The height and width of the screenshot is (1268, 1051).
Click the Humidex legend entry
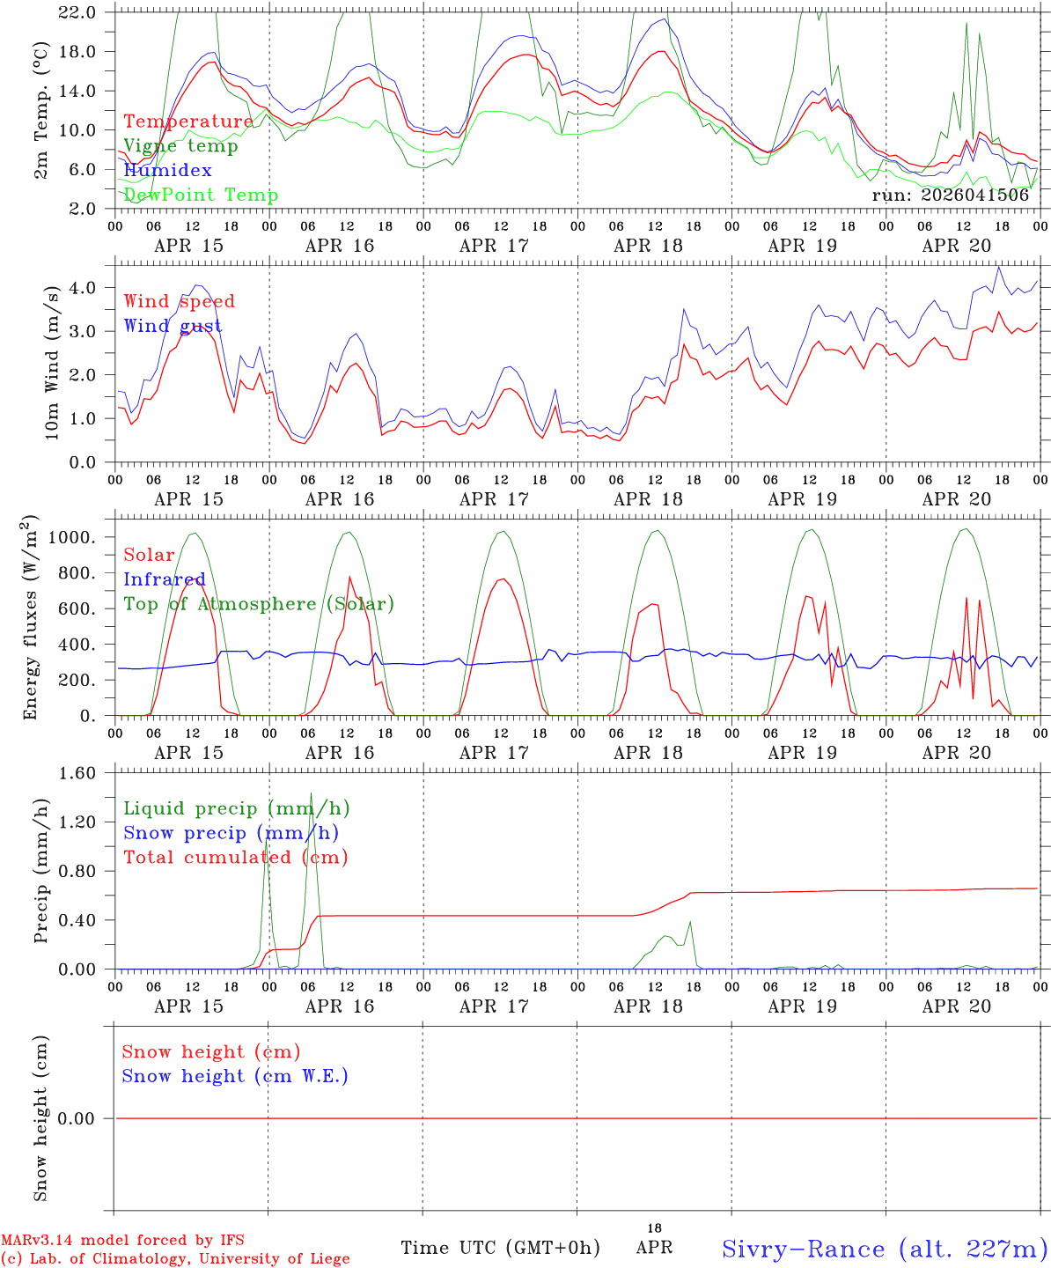click(167, 171)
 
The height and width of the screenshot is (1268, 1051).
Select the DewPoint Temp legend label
click(201, 195)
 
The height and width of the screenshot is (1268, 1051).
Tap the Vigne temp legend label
click(180, 146)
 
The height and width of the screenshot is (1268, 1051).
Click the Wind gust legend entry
click(173, 326)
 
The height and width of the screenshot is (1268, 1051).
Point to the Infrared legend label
click(165, 579)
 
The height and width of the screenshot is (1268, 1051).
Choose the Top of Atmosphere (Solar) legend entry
click(259, 604)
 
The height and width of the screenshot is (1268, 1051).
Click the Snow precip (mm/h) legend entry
click(231, 833)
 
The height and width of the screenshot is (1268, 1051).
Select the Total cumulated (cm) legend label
click(235, 858)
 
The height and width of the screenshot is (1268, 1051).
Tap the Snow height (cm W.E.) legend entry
click(235, 1076)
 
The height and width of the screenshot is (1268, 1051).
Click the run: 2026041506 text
click(950, 195)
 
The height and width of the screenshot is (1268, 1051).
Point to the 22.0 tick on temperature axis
click(79, 12)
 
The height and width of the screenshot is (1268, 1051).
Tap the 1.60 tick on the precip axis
click(79, 773)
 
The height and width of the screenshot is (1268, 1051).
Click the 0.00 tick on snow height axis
click(79, 1118)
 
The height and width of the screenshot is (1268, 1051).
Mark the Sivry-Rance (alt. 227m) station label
click(884, 1249)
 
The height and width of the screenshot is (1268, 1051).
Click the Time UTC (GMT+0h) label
click(500, 1248)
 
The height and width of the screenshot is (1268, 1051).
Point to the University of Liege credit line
click(175, 1259)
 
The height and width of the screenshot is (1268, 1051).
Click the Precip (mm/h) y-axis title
click(41, 872)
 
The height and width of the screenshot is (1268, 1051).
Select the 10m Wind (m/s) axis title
click(51, 363)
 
